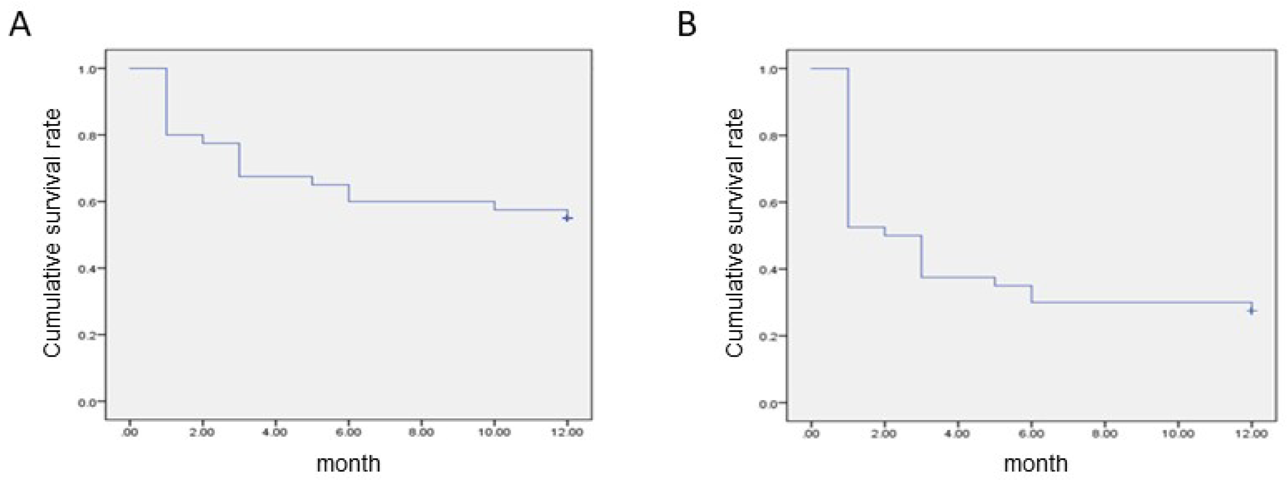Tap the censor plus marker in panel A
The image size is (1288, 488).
(x=567, y=218)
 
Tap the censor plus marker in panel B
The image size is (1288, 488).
(x=1251, y=310)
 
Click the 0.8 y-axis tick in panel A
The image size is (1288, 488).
(x=87, y=135)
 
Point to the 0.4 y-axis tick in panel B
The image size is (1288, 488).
(x=769, y=270)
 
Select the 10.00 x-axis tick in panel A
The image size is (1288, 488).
(x=494, y=432)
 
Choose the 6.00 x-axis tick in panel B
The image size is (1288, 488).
(x=1031, y=433)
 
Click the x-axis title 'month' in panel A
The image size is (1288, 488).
(x=348, y=463)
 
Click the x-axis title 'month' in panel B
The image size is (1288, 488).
(x=1036, y=463)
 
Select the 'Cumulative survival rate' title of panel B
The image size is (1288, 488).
(x=734, y=233)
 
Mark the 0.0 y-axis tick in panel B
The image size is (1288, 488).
(x=769, y=404)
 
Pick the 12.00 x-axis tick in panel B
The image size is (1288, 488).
(x=1251, y=433)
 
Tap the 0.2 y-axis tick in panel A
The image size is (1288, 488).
(x=87, y=335)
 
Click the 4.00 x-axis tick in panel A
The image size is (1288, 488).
(x=275, y=432)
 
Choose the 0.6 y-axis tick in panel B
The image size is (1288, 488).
(x=769, y=203)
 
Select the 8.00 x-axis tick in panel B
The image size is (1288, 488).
(x=1104, y=433)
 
